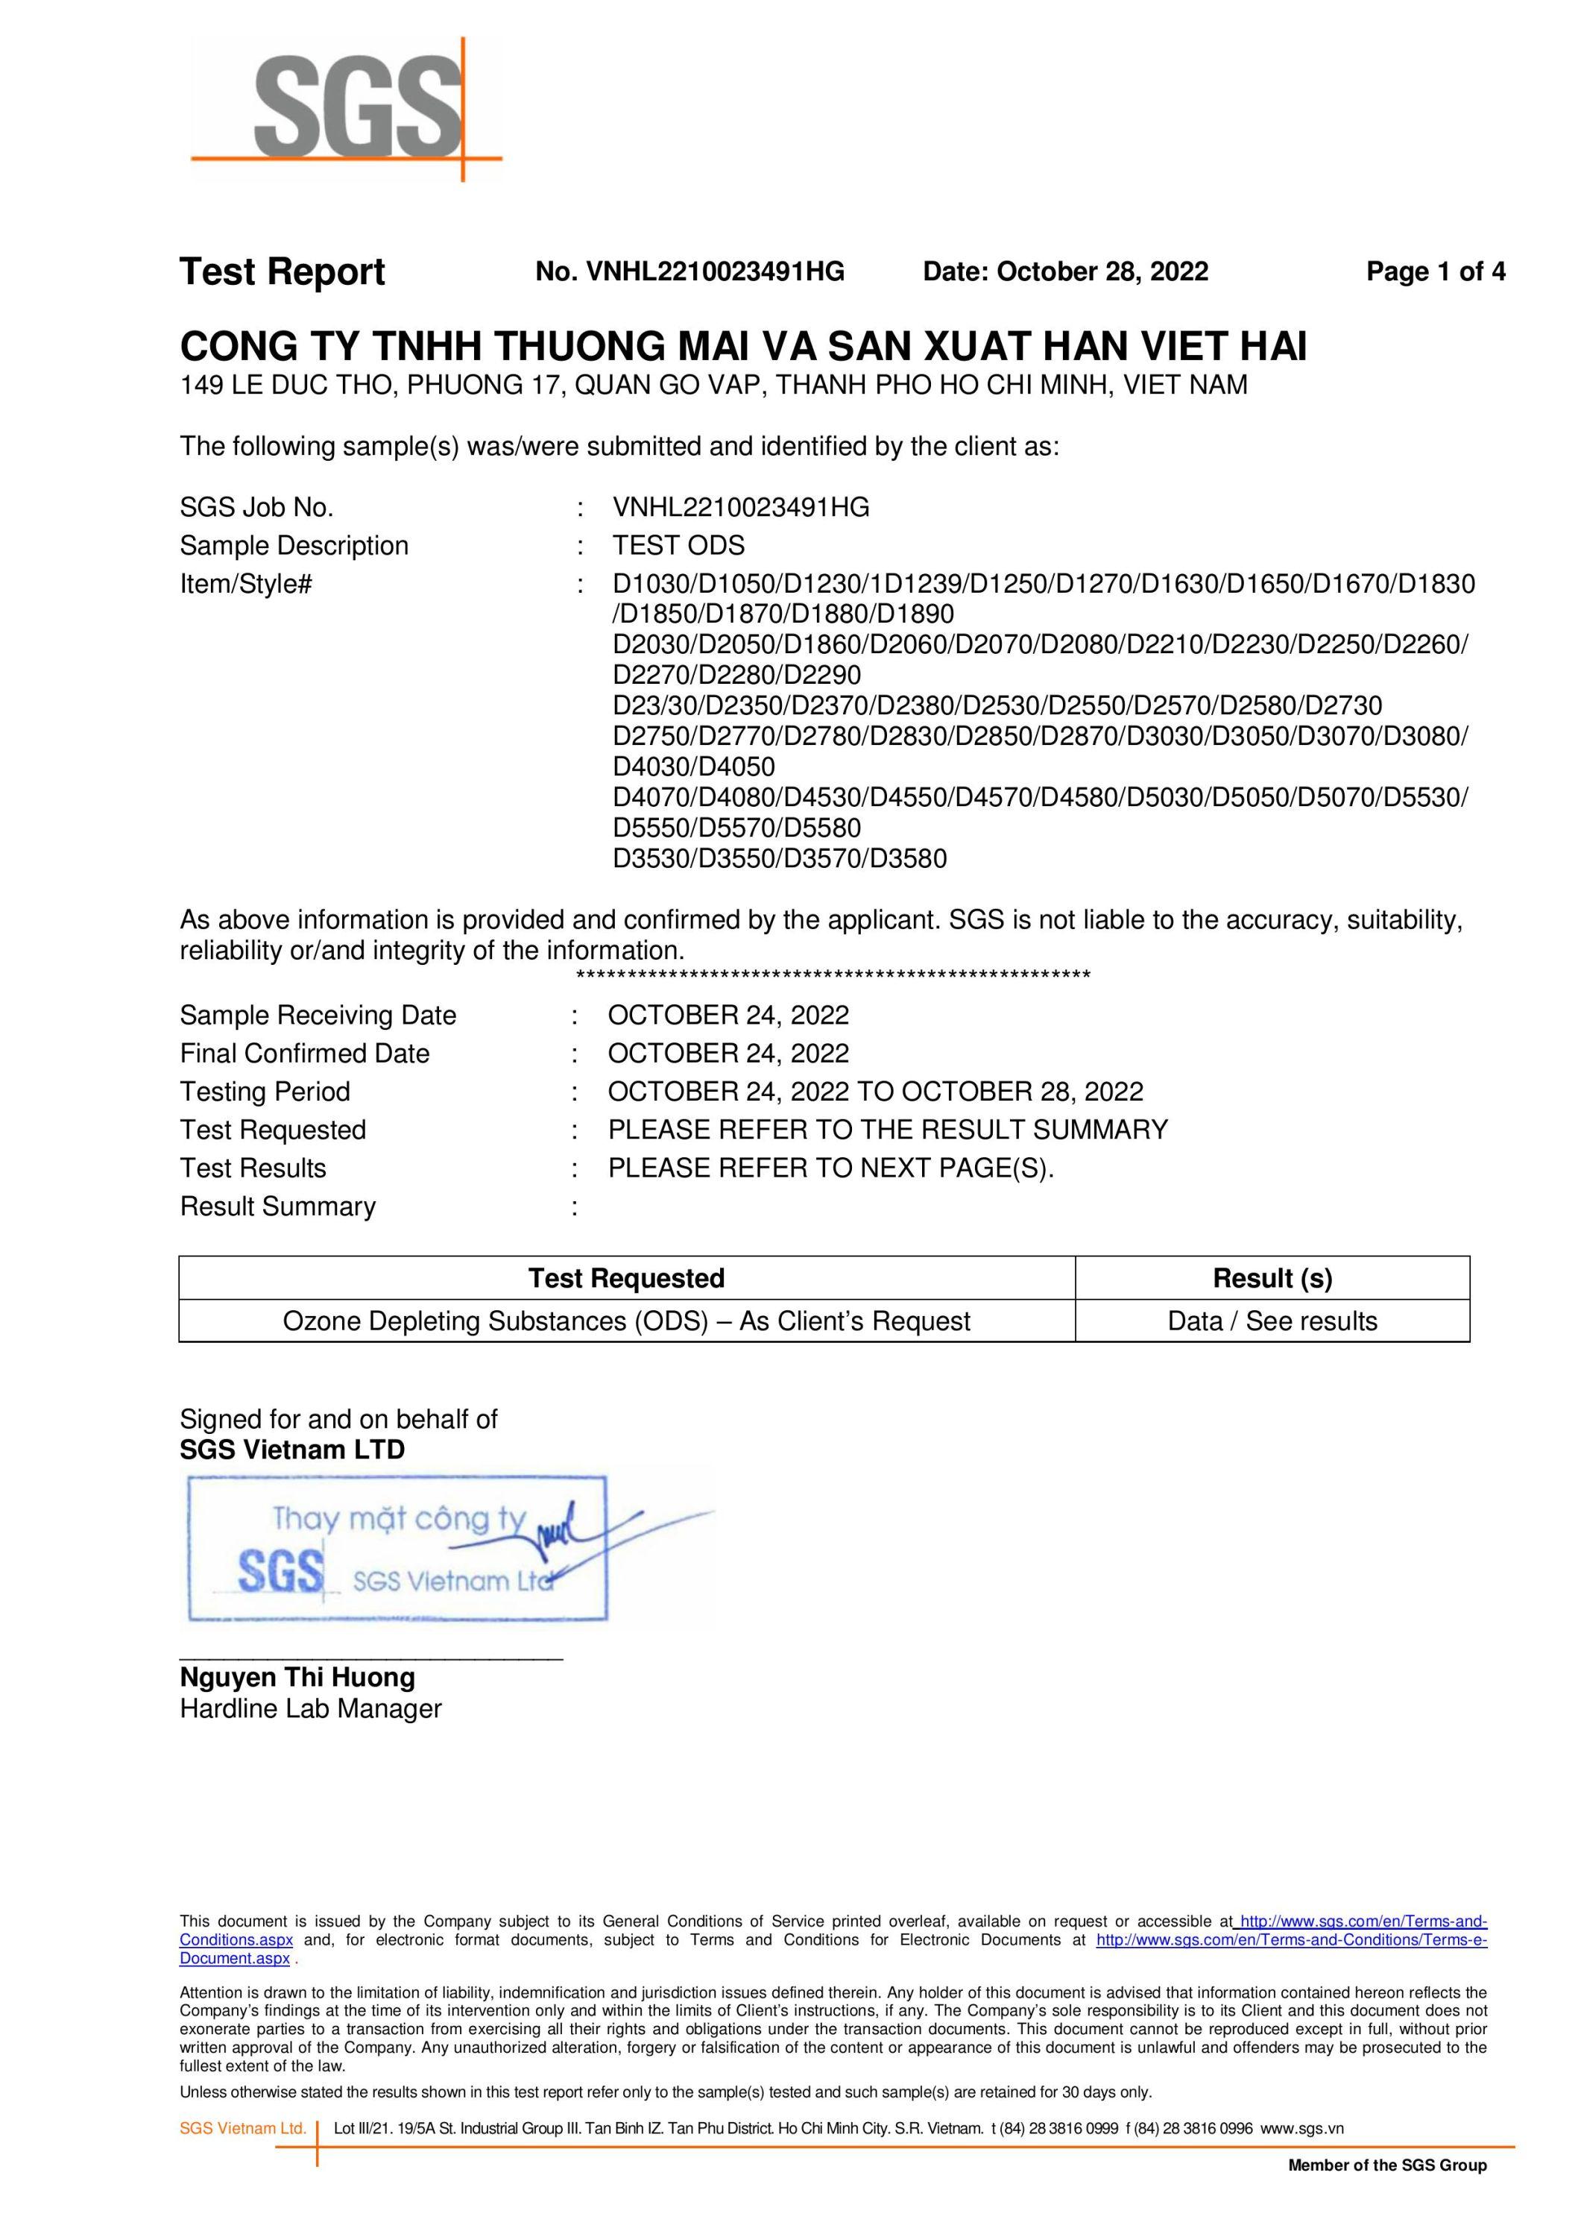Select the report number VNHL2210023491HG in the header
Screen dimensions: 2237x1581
pos(689,272)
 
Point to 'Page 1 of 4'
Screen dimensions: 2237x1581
pos(1435,272)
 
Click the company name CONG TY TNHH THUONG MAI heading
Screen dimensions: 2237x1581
pos(743,346)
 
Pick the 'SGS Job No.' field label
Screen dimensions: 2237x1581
pos(256,508)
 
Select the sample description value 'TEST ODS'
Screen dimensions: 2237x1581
pos(678,546)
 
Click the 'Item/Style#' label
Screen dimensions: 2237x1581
pos(245,585)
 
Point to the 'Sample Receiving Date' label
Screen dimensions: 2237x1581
pos(318,1015)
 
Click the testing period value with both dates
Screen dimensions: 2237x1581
pos(875,1091)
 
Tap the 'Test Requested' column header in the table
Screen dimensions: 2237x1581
pos(626,1278)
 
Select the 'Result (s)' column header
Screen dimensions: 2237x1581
pos(1272,1278)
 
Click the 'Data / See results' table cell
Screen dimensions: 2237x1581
pos(1272,1321)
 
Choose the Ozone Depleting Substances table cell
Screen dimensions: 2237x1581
pos(626,1321)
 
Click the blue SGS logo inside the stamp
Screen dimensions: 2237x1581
pos(280,1572)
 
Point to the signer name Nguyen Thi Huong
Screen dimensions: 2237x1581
pos(297,1678)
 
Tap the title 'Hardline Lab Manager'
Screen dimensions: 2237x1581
pos(311,1709)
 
